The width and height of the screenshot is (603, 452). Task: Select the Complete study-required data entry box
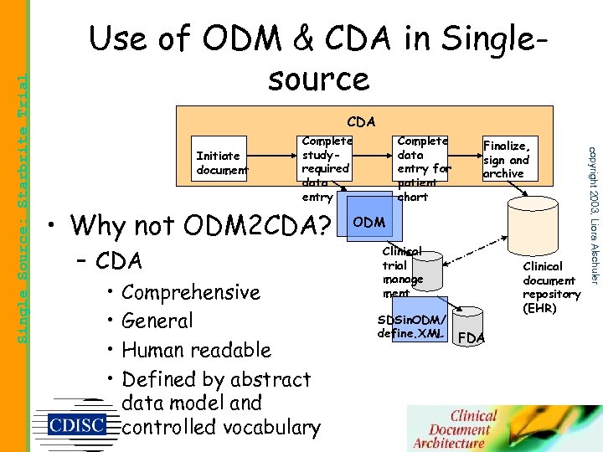pyautogui.click(x=326, y=168)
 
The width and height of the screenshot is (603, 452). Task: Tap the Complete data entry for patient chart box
pyautogui.click(x=423, y=168)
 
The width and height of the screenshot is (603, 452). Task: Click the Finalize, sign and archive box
pyautogui.click(x=507, y=159)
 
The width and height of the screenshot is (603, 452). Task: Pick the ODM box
pyautogui.click(x=368, y=222)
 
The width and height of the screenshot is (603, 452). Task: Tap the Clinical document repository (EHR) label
pyautogui.click(x=551, y=287)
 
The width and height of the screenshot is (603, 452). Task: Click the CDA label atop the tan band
pyautogui.click(x=361, y=123)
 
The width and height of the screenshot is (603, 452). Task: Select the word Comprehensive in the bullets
pyautogui.click(x=191, y=292)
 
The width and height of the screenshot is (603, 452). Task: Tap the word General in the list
pyautogui.click(x=157, y=321)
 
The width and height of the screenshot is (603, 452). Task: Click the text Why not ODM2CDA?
pyautogui.click(x=201, y=225)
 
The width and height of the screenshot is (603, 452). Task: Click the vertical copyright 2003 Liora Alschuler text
pyautogui.click(x=591, y=214)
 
